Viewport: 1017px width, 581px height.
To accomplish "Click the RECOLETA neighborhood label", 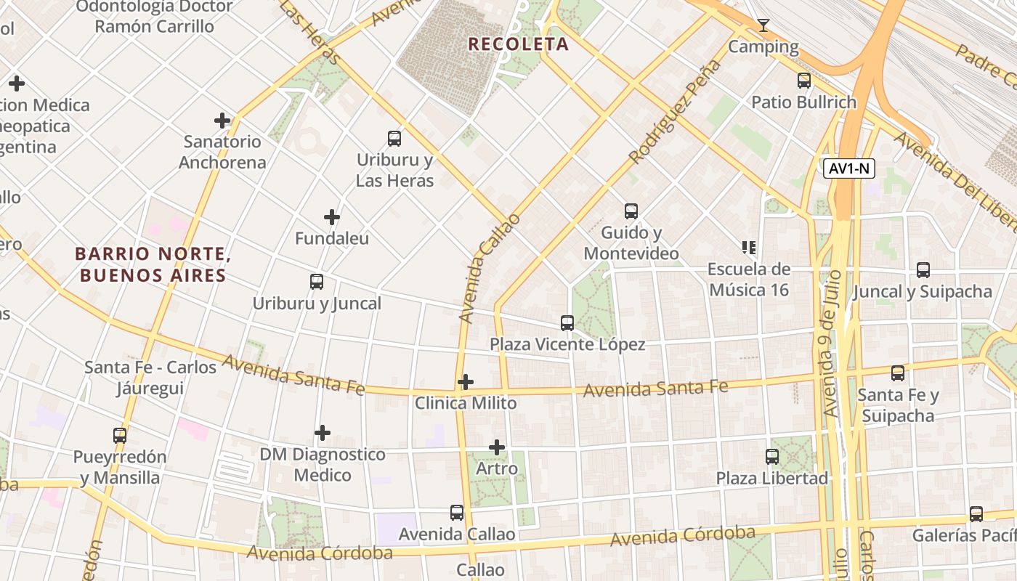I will (x=518, y=44).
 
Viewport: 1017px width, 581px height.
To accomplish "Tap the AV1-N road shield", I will (x=849, y=169).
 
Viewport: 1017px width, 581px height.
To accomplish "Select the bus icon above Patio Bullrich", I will (x=804, y=81).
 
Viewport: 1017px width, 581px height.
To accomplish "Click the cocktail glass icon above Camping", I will (x=763, y=26).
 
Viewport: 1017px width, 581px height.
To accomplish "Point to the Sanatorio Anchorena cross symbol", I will (x=222, y=121).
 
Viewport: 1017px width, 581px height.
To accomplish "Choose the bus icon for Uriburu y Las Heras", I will (x=394, y=138).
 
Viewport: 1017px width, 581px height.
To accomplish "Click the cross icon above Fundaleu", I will (x=332, y=217).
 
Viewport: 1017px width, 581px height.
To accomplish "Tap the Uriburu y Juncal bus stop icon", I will (x=317, y=282).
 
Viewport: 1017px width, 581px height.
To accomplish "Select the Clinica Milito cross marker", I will (x=466, y=382).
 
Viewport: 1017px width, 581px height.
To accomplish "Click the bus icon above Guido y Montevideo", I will (x=631, y=211).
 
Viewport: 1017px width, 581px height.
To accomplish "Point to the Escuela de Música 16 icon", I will (x=749, y=248).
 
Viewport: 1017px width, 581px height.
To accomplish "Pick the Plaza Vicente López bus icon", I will (x=567, y=323).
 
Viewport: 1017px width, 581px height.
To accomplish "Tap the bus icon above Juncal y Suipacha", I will (x=923, y=270).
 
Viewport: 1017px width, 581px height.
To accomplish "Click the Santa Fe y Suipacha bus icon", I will (x=898, y=373).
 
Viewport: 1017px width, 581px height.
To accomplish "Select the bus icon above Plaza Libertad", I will (x=772, y=457).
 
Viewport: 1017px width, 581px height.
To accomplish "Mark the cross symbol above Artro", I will (x=497, y=447).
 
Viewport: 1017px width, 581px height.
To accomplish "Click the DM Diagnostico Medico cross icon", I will (x=323, y=434).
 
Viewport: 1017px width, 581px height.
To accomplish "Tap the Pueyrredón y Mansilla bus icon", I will (x=120, y=436).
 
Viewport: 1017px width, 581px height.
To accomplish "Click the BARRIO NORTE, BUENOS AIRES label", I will (x=153, y=265).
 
